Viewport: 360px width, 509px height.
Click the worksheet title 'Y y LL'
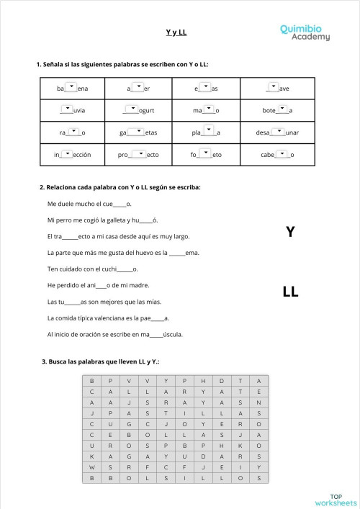click(x=176, y=32)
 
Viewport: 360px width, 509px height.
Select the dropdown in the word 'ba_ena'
click(x=71, y=87)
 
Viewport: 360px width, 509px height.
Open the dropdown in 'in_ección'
click(x=67, y=153)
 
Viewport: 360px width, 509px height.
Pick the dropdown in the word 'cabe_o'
click(x=282, y=153)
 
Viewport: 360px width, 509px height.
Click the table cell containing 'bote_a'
click(x=277, y=110)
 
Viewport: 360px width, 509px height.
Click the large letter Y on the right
click(x=289, y=232)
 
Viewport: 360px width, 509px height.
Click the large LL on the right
click(x=290, y=292)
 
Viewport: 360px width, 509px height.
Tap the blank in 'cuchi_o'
click(x=125, y=270)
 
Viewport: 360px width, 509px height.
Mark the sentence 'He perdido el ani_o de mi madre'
click(x=98, y=285)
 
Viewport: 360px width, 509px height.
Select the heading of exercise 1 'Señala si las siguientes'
click(x=122, y=64)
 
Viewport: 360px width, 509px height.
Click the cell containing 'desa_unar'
click(x=277, y=132)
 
